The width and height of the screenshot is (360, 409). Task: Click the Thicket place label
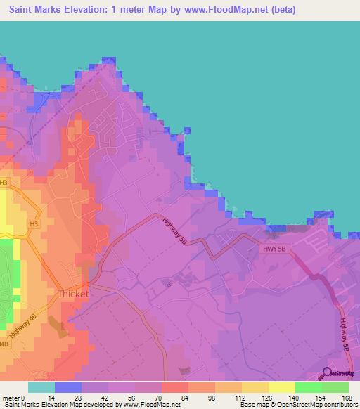(72, 294)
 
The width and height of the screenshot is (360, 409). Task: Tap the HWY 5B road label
(276, 249)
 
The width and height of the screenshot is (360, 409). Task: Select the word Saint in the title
(25, 10)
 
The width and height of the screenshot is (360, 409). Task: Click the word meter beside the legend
(11, 397)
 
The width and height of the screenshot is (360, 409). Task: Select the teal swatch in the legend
(41, 387)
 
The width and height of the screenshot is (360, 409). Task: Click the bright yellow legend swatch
(281, 387)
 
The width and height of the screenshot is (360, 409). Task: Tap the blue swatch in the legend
(67, 387)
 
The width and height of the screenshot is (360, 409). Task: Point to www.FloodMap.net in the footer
(151, 405)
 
